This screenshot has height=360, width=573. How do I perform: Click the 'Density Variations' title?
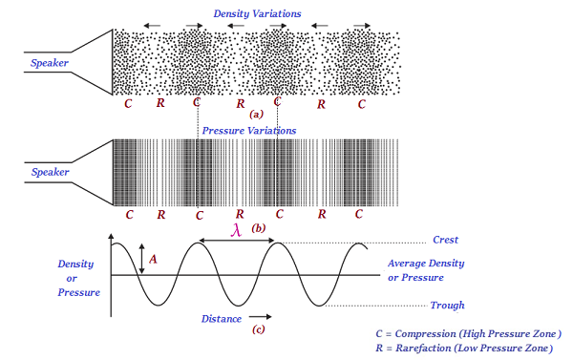257,15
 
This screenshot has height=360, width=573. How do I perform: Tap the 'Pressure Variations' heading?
248,129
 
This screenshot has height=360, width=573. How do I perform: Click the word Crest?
447,241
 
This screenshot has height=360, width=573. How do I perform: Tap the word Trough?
447,306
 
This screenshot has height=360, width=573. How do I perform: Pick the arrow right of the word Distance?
262,316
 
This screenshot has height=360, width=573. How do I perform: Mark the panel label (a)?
242,113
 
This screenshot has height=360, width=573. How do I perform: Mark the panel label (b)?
258,228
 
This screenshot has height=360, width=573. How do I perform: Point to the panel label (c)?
258,330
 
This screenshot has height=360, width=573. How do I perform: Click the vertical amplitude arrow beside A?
141,259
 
